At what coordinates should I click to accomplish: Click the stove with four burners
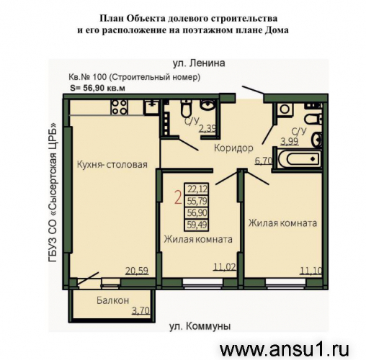tap(119, 107)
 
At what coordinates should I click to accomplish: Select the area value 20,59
tap(137, 271)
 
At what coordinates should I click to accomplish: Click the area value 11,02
tap(225, 267)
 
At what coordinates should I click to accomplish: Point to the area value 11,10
tap(311, 271)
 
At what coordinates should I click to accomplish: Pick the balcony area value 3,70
tap(140, 311)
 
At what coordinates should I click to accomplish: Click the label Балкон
tap(113, 300)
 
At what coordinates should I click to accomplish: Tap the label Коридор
tap(233, 148)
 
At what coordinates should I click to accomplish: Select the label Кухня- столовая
tap(112, 165)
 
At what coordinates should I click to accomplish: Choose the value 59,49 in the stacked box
tap(197, 225)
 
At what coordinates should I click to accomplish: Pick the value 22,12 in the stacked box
tap(197, 189)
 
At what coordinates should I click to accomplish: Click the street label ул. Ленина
tap(199, 63)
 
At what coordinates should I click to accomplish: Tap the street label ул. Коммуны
tap(200, 326)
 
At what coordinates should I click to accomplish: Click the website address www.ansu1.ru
tap(284, 350)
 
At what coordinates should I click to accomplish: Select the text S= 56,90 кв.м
tap(97, 88)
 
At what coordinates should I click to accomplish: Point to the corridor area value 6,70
tap(263, 161)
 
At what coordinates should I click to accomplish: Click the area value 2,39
tap(207, 129)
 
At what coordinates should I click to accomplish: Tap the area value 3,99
tap(290, 142)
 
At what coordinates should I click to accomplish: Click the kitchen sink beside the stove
tap(151, 107)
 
